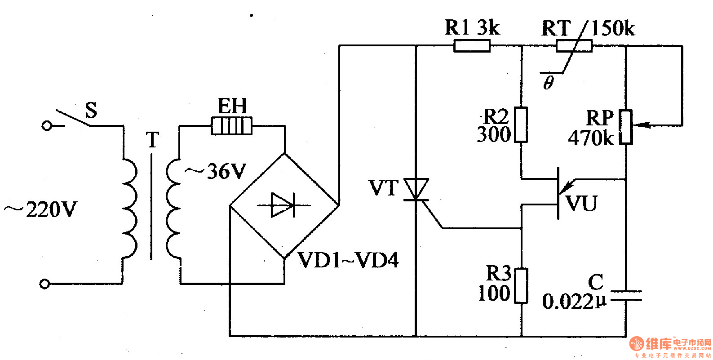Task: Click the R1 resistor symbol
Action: pyautogui.click(x=472, y=45)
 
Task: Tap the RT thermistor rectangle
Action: pyautogui.click(x=574, y=45)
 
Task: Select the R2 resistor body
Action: pyautogui.click(x=521, y=124)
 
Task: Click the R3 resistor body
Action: pyautogui.click(x=521, y=285)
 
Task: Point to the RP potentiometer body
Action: pyautogui.click(x=625, y=127)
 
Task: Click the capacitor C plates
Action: pyautogui.click(x=625, y=295)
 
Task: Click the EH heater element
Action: pyautogui.click(x=232, y=126)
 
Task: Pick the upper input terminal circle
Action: pyautogui.click(x=46, y=125)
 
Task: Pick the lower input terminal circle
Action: pyautogui.click(x=44, y=284)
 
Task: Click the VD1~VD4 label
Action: pyautogui.click(x=348, y=260)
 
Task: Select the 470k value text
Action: pyautogui.click(x=590, y=138)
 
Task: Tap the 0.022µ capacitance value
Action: pyautogui.click(x=574, y=302)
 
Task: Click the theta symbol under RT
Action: pyautogui.click(x=548, y=83)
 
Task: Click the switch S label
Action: pyautogui.click(x=91, y=110)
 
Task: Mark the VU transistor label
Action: pyautogui.click(x=581, y=203)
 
